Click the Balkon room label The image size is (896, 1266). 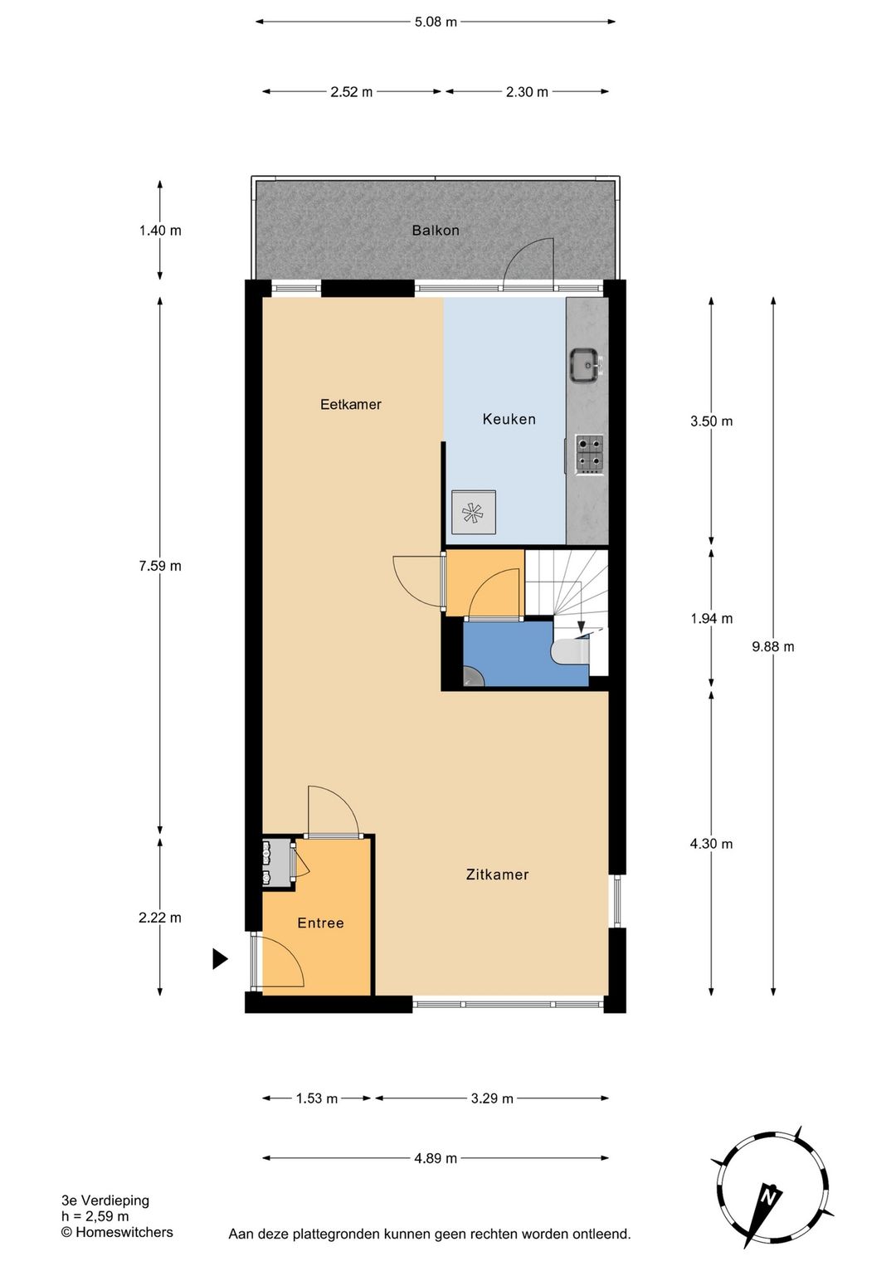pos(436,231)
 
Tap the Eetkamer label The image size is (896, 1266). pos(350,404)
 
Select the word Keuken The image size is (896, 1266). pos(509,419)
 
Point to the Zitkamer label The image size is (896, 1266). pos(498,874)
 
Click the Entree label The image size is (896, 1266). pos(320,923)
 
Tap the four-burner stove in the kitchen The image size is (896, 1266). pos(590,454)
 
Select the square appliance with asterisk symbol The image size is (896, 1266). pos(474,512)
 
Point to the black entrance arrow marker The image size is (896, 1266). pos(220,959)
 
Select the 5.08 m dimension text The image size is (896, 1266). pos(436,22)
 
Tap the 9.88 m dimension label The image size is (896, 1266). pos(772,646)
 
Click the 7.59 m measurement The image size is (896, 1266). pos(160,566)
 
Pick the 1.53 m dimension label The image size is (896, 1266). pos(317,1098)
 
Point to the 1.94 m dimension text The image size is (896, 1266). pos(711,618)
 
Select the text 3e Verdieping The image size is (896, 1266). pos(105,1200)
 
